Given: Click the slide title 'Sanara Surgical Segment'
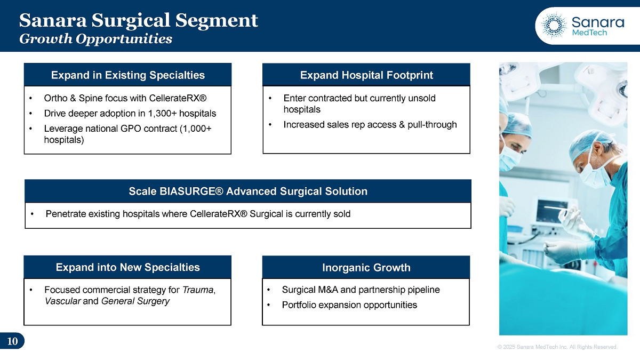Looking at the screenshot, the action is (139, 21).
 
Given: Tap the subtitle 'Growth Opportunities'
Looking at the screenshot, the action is (95, 39).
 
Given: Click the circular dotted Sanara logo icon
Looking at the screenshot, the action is (554, 26).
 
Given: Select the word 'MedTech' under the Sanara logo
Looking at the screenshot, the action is (589, 33).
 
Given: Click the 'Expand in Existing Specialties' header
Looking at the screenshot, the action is (127, 75).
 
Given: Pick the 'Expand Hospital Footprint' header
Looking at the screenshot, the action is (366, 75).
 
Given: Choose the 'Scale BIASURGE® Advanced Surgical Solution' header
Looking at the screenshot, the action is (248, 191).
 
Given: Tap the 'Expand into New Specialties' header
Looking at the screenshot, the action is (127, 267).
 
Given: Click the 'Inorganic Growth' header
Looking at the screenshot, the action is (366, 267).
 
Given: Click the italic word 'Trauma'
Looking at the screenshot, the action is (198, 290).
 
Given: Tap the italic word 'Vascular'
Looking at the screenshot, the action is (62, 301).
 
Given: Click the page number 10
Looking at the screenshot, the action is (12, 341).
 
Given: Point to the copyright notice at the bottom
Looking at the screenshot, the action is (557, 347).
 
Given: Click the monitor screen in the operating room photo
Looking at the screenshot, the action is (551, 211).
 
